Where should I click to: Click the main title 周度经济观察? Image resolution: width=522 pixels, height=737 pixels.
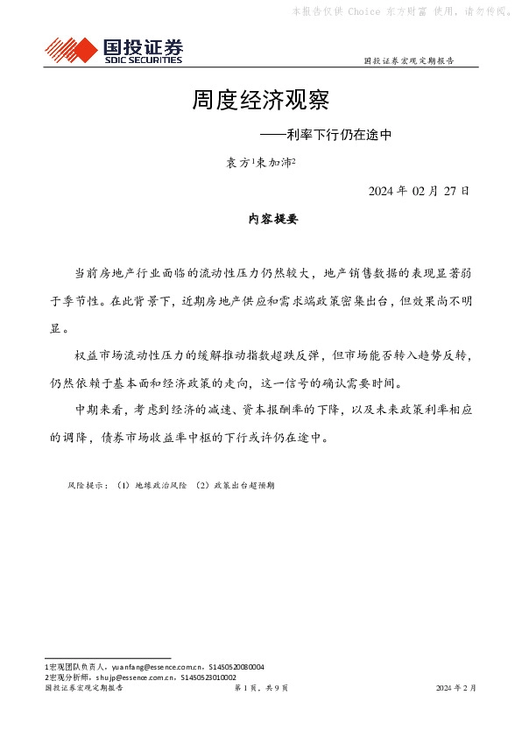[x=260, y=101]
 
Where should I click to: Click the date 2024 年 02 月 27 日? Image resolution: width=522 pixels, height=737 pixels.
[x=419, y=190]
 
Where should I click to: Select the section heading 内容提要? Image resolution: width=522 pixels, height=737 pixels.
[x=261, y=220]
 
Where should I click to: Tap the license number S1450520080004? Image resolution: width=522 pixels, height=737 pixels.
[x=228, y=667]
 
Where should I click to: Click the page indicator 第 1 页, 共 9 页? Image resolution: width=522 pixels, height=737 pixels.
[x=261, y=688]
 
